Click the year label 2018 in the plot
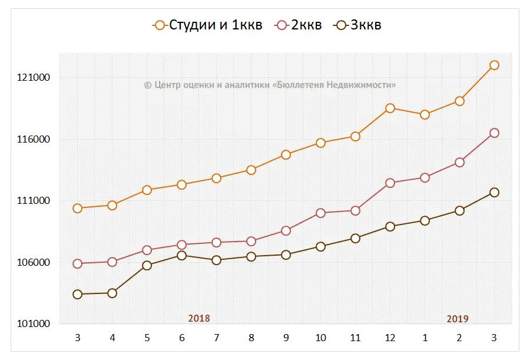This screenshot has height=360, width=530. (x=199, y=318)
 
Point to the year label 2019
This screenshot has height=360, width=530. (x=458, y=319)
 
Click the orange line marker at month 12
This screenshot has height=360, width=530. (x=390, y=108)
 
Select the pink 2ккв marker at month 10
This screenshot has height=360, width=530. (x=320, y=213)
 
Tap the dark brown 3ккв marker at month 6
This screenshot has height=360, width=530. (x=181, y=255)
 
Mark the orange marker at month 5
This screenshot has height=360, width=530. (x=147, y=190)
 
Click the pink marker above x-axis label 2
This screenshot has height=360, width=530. (x=459, y=162)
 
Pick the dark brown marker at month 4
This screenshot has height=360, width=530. (x=112, y=293)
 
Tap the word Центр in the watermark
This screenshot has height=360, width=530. (x=167, y=85)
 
